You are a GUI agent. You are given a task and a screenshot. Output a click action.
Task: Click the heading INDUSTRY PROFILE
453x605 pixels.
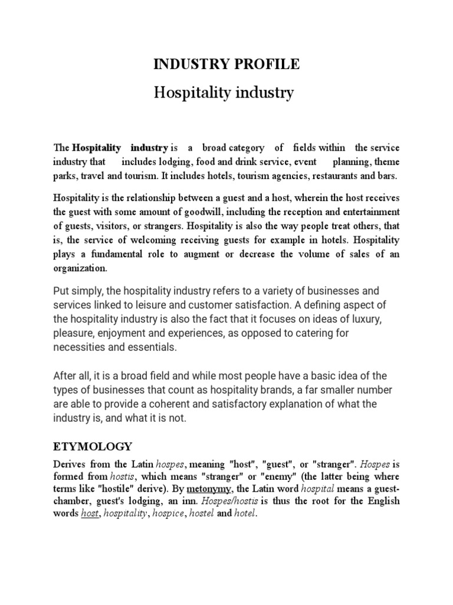(x=226, y=65)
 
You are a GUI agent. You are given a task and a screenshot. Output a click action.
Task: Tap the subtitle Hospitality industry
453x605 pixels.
(x=224, y=93)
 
